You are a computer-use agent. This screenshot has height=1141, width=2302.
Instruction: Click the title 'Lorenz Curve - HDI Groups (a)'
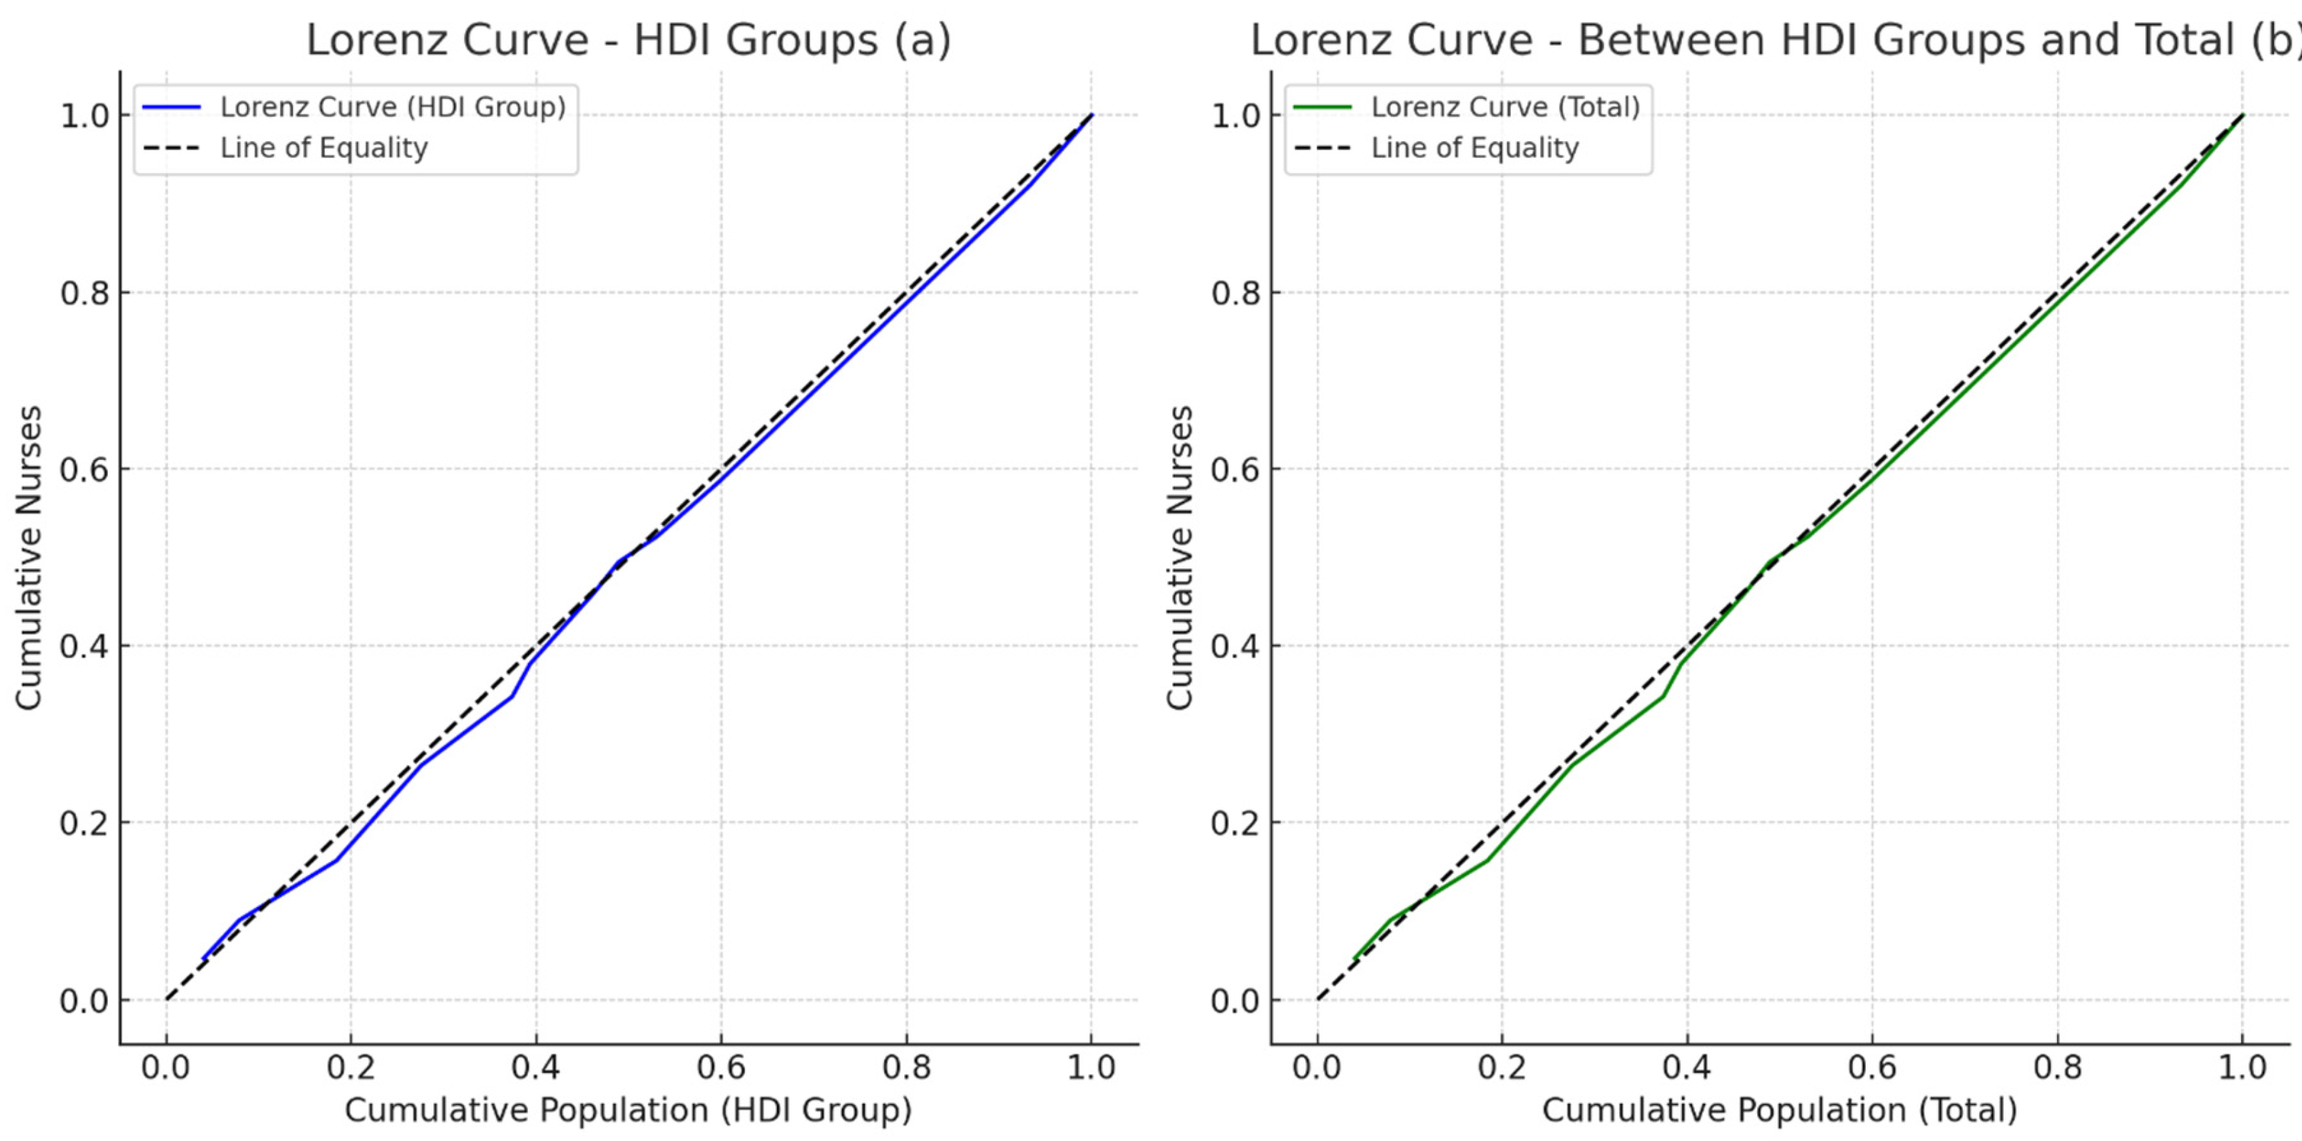coord(628,40)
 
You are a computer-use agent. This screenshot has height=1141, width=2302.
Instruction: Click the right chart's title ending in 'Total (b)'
coord(1774,40)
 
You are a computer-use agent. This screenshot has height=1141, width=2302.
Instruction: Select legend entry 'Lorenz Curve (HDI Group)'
coord(394,107)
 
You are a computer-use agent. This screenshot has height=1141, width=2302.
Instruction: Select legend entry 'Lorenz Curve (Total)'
coord(1505,107)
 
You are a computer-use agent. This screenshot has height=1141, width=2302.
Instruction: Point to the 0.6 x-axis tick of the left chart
coord(721,1067)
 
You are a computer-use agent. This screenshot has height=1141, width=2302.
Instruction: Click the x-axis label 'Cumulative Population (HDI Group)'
coord(628,1110)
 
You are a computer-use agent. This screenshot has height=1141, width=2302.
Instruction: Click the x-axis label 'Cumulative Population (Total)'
coord(1779,1110)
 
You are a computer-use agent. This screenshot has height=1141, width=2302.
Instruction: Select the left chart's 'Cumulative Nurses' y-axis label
coord(28,558)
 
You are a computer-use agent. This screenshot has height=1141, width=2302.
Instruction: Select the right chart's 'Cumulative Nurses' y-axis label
coord(1180,558)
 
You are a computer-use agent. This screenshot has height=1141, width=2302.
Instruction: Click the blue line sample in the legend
coord(172,107)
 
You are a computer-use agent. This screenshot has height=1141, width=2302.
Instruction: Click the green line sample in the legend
coord(1322,107)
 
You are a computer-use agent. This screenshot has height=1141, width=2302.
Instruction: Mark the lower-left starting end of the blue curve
coord(204,959)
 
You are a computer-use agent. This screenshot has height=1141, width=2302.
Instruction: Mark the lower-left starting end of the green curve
coord(1355,959)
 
